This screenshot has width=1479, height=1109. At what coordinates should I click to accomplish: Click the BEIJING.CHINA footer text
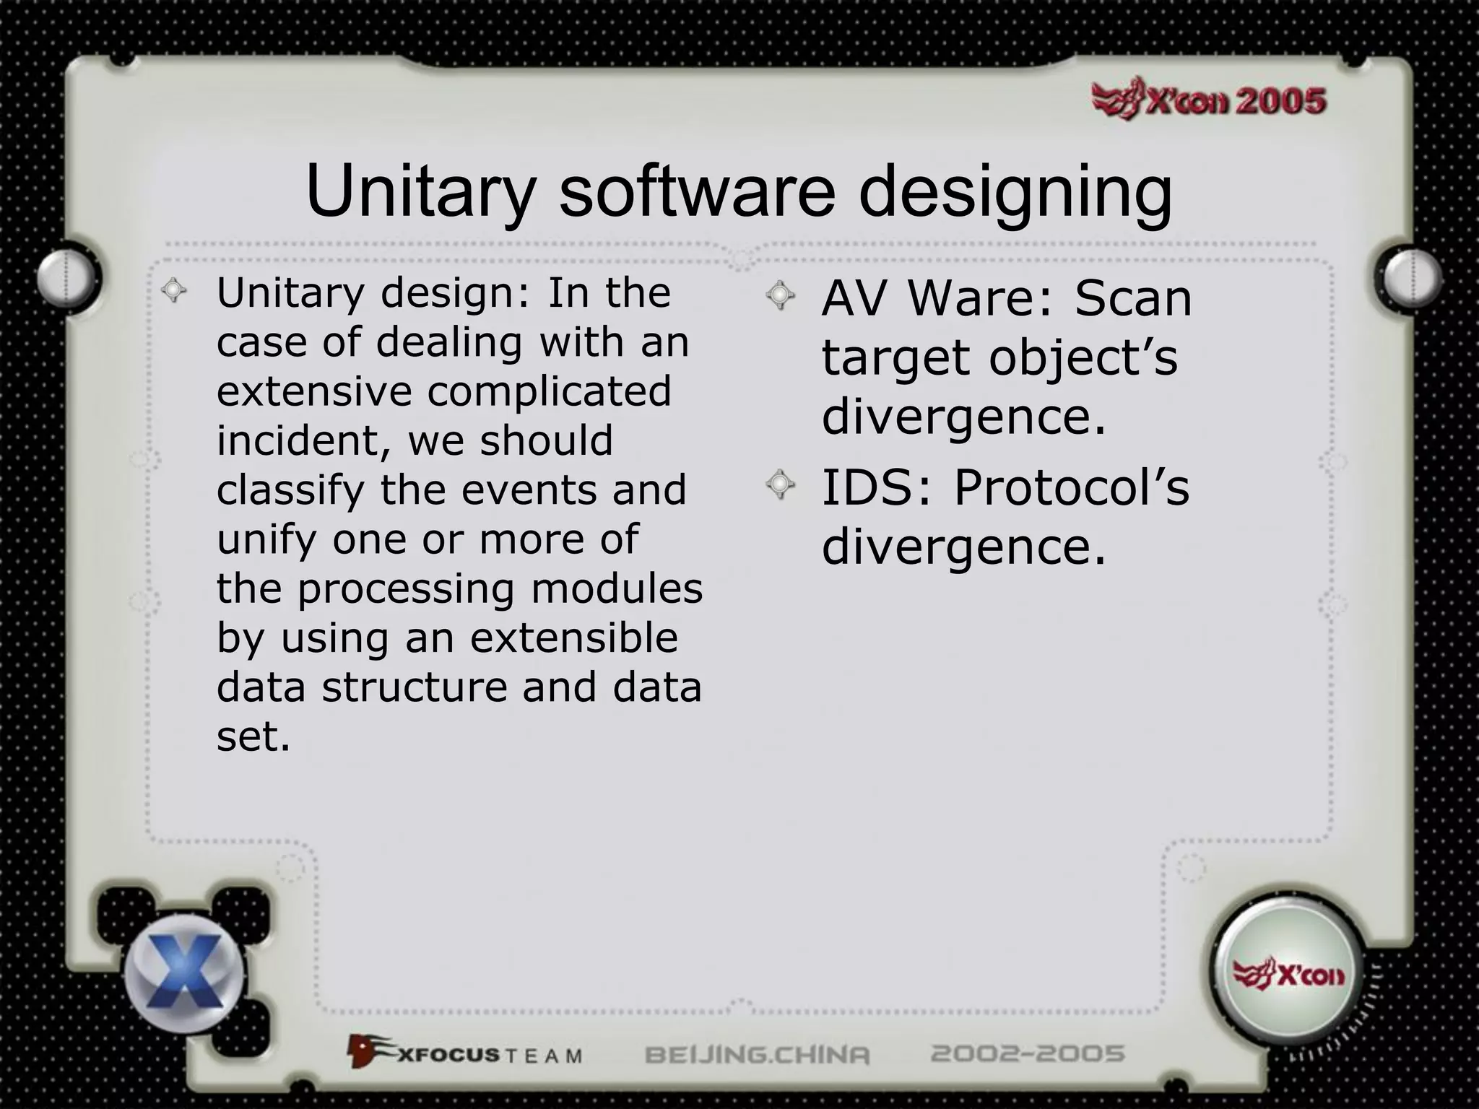point(758,1055)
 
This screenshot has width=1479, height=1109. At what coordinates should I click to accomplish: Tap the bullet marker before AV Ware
point(780,296)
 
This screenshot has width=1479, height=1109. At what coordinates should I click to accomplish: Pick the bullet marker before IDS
point(780,485)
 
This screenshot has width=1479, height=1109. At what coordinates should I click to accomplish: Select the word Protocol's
point(1071,488)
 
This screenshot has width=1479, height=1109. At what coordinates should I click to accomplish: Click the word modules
point(617,588)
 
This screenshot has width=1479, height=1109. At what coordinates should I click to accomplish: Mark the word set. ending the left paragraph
point(253,736)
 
